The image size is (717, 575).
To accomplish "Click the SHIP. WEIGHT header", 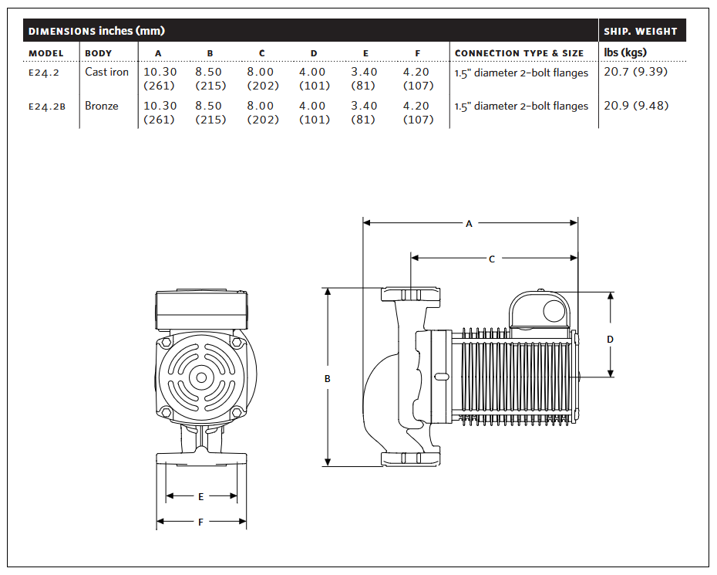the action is click(640, 31).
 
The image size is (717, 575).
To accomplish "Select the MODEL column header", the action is click(45, 53).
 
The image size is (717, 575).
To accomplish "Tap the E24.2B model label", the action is click(46, 107).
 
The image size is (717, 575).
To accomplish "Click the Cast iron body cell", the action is click(106, 72).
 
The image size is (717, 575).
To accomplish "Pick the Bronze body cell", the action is click(102, 106).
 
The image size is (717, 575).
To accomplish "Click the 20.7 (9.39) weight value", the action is click(635, 72).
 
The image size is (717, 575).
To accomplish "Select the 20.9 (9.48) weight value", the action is click(636, 106).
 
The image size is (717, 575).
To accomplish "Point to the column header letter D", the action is click(314, 53).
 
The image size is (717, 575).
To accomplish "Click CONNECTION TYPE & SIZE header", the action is click(519, 53).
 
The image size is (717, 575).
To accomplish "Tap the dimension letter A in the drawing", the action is click(469, 224).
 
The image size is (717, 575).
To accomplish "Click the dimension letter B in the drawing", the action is click(328, 379).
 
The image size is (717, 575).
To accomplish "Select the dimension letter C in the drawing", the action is click(492, 259).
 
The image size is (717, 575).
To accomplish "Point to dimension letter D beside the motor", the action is click(610, 340).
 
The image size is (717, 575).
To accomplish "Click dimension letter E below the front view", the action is click(200, 496).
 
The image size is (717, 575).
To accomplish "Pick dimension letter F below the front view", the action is click(200, 522).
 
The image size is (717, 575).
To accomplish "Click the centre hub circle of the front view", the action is click(201, 378).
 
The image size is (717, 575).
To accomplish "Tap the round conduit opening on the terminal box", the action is click(554, 312).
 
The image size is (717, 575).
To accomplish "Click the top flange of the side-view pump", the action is click(411, 294).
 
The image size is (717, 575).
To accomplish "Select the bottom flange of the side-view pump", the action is click(411, 459).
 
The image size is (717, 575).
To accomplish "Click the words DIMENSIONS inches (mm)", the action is click(96, 31).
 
